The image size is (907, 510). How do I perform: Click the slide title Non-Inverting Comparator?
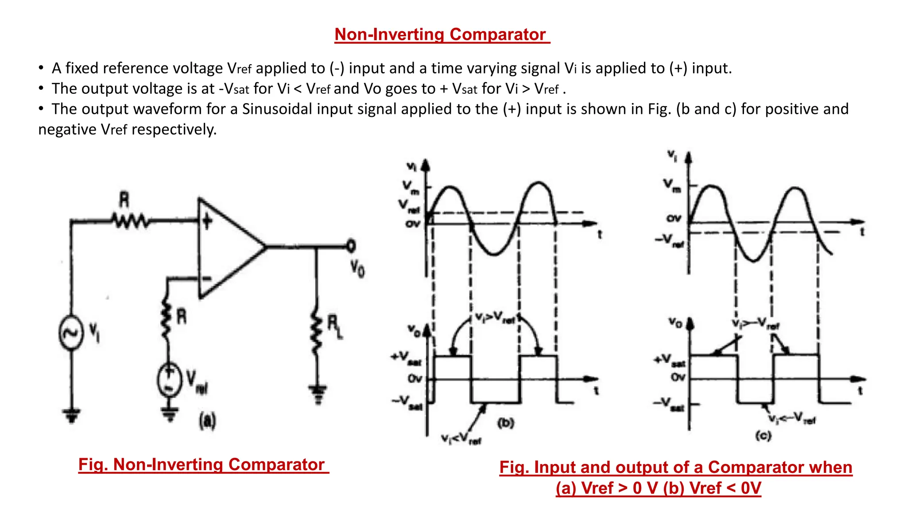point(441,35)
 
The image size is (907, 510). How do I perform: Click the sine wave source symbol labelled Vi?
point(71,332)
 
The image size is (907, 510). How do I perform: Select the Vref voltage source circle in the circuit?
point(170,379)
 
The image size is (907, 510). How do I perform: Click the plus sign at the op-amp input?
point(207,221)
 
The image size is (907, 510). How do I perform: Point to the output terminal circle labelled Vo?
point(351,246)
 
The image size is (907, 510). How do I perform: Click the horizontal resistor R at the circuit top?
point(129,220)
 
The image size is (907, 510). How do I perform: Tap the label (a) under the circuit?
point(207,421)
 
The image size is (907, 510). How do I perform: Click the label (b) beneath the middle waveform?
point(505,423)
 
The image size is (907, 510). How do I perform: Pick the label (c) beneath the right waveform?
point(763,436)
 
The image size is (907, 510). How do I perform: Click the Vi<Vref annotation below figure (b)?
point(461,439)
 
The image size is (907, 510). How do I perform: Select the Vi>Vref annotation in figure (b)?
point(496,317)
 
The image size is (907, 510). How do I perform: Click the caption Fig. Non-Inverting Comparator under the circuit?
point(203,464)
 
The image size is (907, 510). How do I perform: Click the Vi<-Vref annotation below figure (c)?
point(791,418)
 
